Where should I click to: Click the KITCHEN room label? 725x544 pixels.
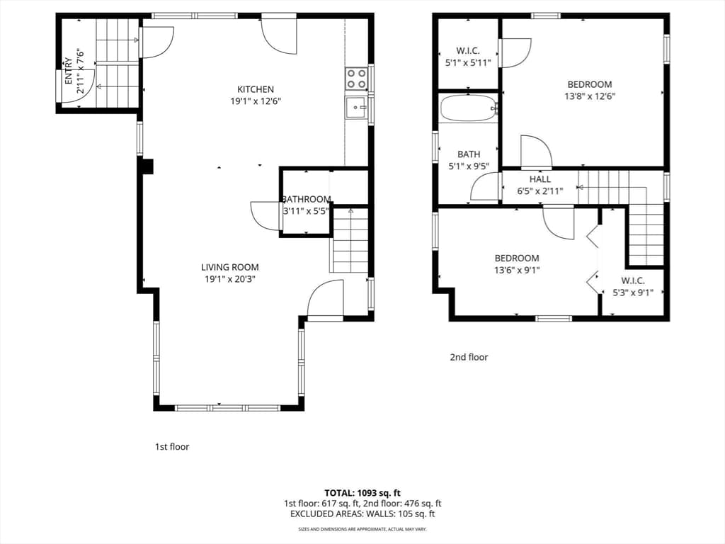256,89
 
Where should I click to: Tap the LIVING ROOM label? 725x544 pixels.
230,267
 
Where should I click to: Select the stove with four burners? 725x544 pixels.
357,79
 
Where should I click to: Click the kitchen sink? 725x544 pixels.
357,108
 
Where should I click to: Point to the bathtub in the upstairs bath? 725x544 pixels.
469,108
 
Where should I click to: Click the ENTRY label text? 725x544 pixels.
69,71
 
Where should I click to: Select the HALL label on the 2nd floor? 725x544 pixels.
540,179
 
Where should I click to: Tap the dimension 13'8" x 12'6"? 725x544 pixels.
590,96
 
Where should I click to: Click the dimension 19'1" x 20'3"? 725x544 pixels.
230,279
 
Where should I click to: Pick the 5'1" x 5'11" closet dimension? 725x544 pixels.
468,62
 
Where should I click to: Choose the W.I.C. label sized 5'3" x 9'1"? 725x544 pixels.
633,280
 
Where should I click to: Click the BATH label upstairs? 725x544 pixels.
469,154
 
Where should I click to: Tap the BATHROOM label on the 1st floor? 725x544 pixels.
307,199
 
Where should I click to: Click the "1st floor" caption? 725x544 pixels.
172,446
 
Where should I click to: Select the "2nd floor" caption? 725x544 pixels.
469,357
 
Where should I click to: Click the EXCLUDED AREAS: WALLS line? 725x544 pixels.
362,514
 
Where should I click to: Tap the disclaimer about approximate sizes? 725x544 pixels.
362,528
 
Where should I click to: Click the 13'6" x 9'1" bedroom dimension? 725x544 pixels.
517,270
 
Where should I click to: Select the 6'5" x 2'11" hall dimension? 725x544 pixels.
540,191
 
